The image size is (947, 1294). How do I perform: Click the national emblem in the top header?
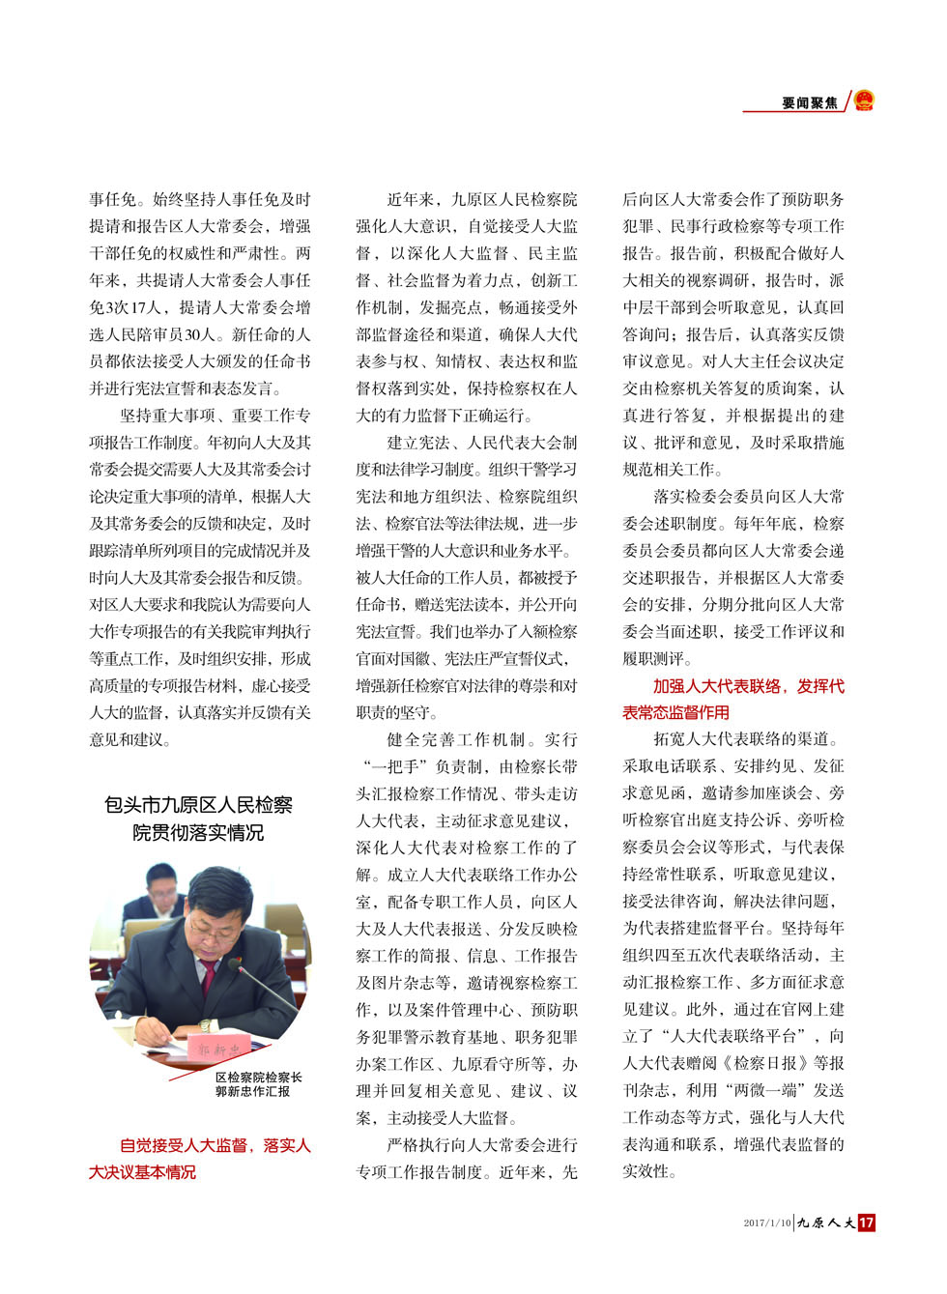click(864, 100)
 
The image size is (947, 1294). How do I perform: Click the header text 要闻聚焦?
click(810, 102)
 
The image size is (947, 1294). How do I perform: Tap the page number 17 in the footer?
click(866, 1222)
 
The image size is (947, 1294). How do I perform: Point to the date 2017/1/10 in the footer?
click(767, 1223)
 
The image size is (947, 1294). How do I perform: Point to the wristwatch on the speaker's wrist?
click(204, 1025)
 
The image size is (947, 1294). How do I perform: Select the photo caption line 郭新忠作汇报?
click(252, 1091)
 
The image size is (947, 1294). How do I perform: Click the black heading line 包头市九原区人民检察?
click(198, 805)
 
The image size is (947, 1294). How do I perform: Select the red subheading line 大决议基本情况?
click(142, 1172)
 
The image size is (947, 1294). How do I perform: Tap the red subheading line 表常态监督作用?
click(675, 712)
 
